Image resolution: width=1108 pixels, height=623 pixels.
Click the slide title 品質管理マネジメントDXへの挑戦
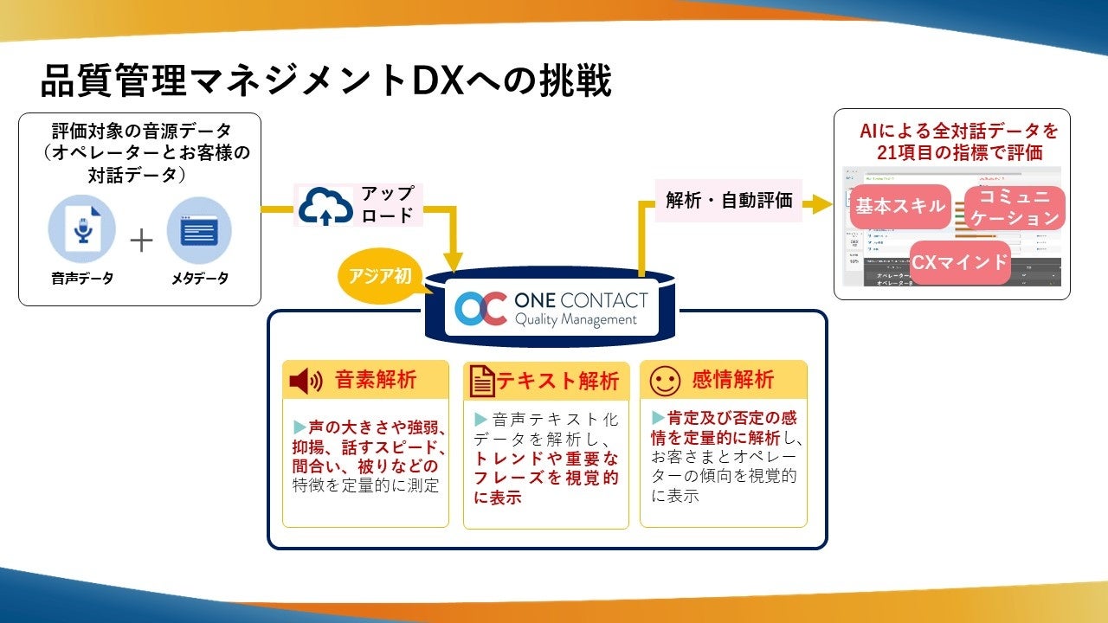pos(326,81)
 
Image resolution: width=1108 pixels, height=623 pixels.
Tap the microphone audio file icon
pos(81,229)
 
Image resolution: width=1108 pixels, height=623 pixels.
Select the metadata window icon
pos(199,229)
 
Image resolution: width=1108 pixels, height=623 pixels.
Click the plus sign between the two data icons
pos(141,239)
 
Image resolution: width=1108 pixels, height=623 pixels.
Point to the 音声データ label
pos(81,279)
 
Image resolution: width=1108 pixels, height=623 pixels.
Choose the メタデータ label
pos(199,279)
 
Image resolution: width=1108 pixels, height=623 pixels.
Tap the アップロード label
pos(387,204)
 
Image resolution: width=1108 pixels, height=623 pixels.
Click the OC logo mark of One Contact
pos(480,309)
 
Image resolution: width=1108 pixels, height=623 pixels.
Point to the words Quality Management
pos(575,320)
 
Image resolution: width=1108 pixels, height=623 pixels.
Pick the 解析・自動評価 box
pos(729,200)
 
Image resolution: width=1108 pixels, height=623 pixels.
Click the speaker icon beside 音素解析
pos(306,381)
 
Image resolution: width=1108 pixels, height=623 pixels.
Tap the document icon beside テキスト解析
pos(482,382)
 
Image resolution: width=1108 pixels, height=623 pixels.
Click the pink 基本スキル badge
pos(899,206)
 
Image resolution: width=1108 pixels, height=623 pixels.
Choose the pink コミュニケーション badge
pos(1014,208)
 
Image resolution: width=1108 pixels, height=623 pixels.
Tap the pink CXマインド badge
pos(960,262)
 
